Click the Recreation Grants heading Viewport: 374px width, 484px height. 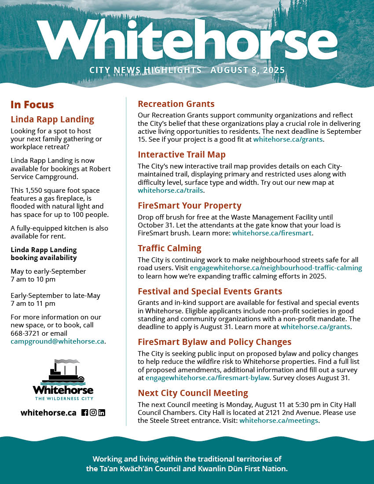coord(176,104)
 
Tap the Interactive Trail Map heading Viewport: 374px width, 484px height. coord(181,154)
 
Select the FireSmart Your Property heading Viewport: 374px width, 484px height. coord(189,205)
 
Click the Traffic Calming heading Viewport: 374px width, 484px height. coord(169,248)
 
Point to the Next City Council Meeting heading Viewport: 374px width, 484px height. coord(193,393)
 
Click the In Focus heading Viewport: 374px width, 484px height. coord(32,105)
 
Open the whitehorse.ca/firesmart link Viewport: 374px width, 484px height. coord(272,233)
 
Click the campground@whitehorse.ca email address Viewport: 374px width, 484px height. coord(57,341)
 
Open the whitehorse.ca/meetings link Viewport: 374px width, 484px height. coord(279,421)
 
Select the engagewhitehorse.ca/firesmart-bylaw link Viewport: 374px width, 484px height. coord(207,378)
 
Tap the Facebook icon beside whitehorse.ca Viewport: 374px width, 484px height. coord(85,413)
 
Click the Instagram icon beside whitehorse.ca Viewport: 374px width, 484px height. coord(93,413)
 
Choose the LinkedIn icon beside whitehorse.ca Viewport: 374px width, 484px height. coord(102,413)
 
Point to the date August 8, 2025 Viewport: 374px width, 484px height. coord(248,70)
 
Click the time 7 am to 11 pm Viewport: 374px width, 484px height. coord(33,304)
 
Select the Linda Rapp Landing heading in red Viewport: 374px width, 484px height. coord(52,119)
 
